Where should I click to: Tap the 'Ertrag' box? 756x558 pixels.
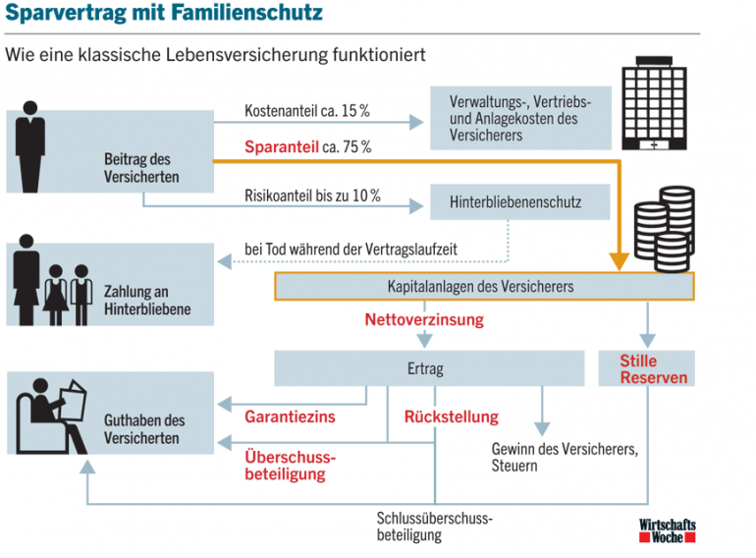pyautogui.click(x=425, y=369)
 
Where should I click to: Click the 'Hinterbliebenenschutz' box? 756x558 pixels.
pyautogui.click(x=515, y=203)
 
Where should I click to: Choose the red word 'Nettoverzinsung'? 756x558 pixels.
pyautogui.click(x=424, y=320)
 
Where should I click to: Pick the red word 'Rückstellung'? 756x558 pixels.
pyautogui.click(x=452, y=417)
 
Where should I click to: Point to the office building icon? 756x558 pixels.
pyautogui.click(x=653, y=111)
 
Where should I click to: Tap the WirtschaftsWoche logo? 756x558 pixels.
pyautogui.click(x=667, y=531)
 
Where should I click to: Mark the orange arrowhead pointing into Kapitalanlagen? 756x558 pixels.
pyautogui.click(x=619, y=260)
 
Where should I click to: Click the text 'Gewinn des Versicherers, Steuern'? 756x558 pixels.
pyautogui.click(x=565, y=457)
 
